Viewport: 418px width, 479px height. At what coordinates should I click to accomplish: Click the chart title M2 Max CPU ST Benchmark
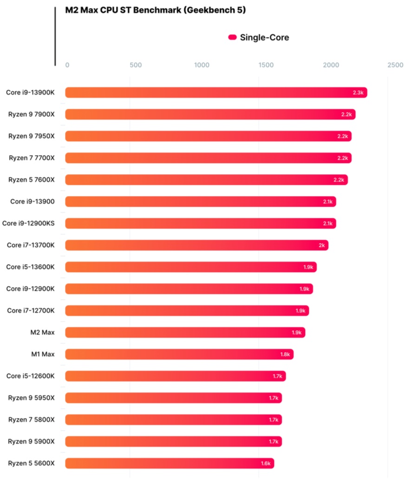pyautogui.click(x=155, y=10)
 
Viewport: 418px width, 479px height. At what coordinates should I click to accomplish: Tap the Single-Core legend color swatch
pyautogui.click(x=232, y=38)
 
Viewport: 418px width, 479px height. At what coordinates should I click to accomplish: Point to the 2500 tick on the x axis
pyautogui.click(x=395, y=65)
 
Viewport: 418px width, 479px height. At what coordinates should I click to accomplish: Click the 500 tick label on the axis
pyautogui.click(x=136, y=65)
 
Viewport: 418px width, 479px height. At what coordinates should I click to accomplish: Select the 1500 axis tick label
pyautogui.click(x=266, y=65)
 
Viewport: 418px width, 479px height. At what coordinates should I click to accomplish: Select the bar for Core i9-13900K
pyautogui.click(x=216, y=92)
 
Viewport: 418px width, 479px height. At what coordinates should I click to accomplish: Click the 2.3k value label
pyautogui.click(x=358, y=92)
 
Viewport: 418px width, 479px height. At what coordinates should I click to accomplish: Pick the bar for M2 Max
pyautogui.click(x=185, y=332)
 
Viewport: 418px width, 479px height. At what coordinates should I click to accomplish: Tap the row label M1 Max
pyautogui.click(x=42, y=354)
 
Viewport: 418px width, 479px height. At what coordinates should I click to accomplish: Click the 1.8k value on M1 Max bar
pyautogui.click(x=285, y=354)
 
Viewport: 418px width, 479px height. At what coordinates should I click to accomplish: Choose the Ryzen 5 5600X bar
pyautogui.click(x=170, y=463)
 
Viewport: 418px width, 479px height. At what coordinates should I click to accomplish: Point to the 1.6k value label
pyautogui.click(x=265, y=463)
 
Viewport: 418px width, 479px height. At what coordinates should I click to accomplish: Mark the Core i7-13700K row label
pyautogui.click(x=31, y=245)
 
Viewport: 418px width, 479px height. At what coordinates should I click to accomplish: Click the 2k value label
pyautogui.click(x=321, y=245)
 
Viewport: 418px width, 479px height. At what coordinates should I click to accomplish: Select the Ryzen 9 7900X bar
pyautogui.click(x=210, y=114)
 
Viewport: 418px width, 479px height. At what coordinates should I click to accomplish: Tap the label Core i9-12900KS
pyautogui.click(x=28, y=223)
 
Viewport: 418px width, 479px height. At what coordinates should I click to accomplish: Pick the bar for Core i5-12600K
pyautogui.click(x=175, y=376)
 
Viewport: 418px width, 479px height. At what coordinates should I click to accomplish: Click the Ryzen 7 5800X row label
pyautogui.click(x=32, y=420)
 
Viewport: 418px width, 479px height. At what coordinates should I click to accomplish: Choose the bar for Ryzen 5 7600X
pyautogui.click(x=206, y=180)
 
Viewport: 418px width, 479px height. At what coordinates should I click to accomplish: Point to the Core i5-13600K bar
pyautogui.click(x=190, y=267)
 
